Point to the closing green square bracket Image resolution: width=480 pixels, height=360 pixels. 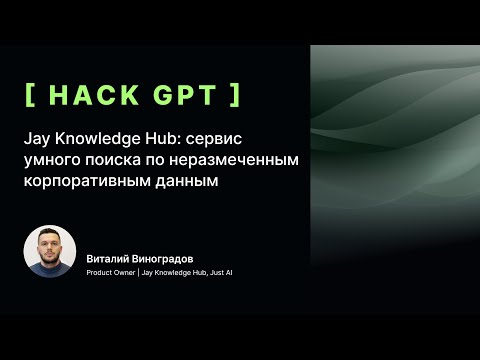[x=237, y=95]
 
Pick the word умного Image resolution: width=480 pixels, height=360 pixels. [x=53, y=163]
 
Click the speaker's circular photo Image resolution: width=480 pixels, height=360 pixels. [x=50, y=251]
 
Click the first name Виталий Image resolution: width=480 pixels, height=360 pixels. [x=111, y=255]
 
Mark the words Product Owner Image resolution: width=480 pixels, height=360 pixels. [x=110, y=271]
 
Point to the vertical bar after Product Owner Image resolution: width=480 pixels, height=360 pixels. [x=137, y=271]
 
